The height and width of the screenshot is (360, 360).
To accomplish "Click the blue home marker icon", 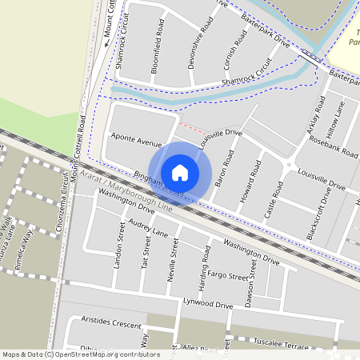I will pos(180,172).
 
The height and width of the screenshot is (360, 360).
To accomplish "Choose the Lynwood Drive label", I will pos(206,305).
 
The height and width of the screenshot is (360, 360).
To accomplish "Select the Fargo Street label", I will pos(228,276).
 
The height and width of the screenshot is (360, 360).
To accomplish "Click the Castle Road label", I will pos(273,200).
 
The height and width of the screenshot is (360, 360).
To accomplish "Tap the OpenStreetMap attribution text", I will pos(81,354).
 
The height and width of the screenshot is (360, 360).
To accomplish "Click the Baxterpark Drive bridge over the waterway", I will pos(310,57).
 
